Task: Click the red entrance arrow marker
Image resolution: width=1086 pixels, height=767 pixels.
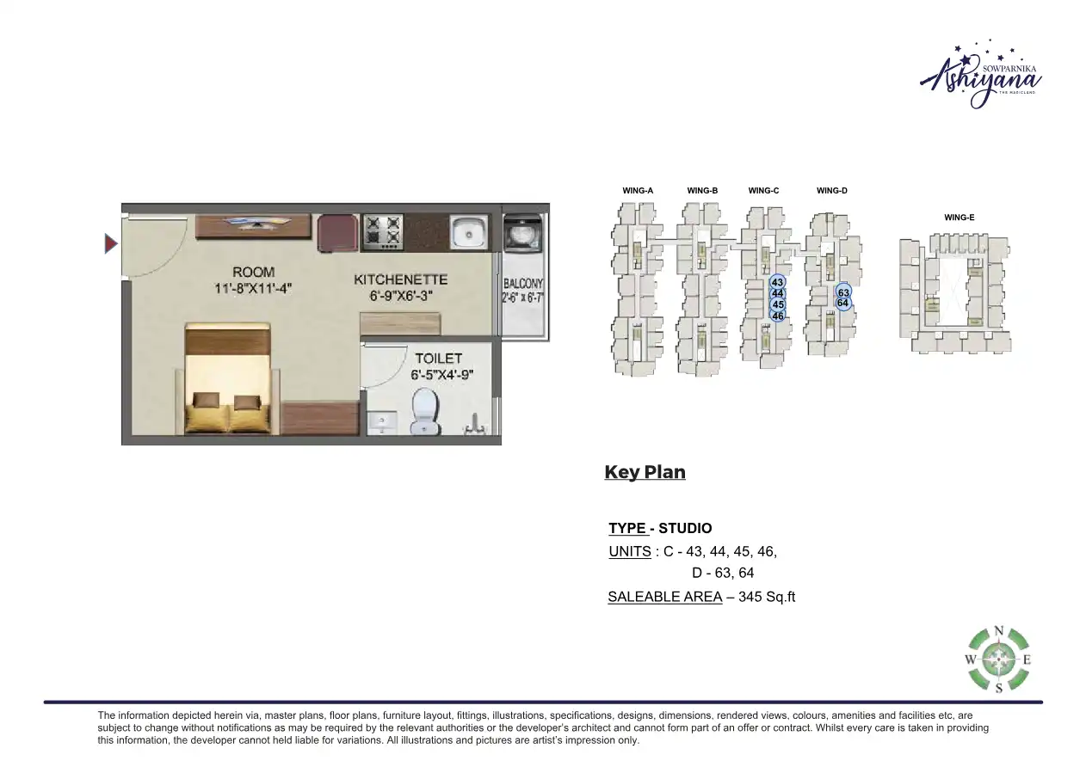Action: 110,244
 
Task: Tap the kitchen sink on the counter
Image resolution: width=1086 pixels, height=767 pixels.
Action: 468,231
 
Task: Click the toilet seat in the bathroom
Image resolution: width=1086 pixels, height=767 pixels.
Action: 424,412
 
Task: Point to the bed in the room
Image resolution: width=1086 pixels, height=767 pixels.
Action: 229,378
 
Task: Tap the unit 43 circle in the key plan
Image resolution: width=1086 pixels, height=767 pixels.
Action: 777,282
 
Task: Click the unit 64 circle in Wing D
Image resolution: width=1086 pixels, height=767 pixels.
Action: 843,304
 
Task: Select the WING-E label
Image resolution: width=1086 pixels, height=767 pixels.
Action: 960,218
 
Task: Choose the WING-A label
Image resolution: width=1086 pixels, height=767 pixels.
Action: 638,191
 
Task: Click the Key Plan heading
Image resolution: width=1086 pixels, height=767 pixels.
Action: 645,472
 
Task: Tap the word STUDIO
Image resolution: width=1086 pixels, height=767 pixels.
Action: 685,528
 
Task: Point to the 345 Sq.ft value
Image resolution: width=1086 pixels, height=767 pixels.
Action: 761,596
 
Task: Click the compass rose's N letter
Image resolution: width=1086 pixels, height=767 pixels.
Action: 999,631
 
